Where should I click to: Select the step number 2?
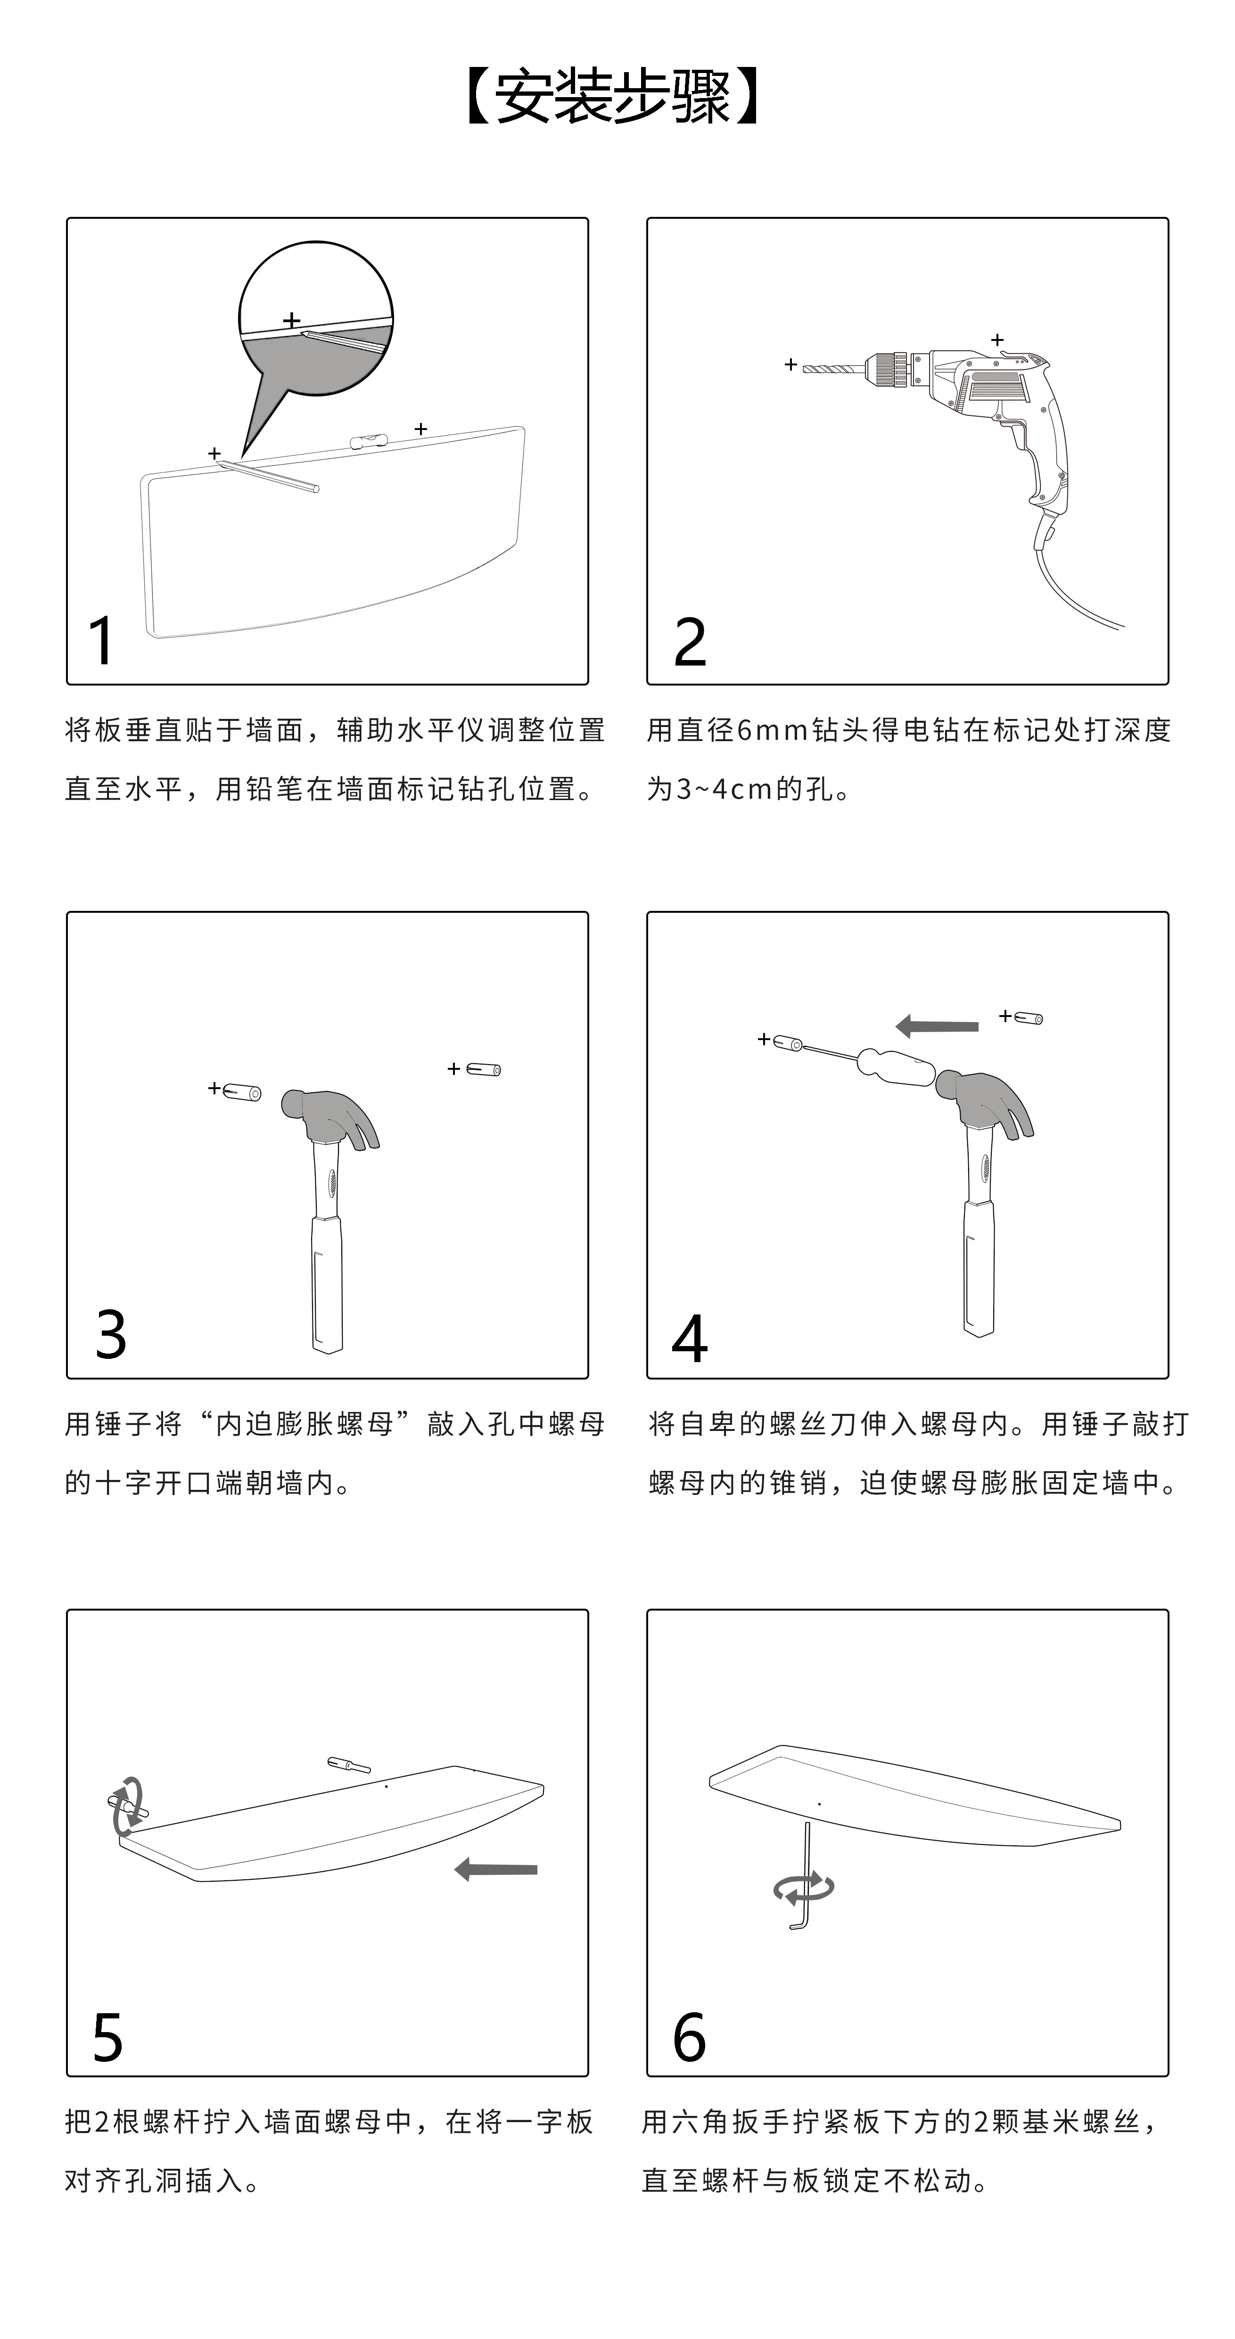click(x=690, y=642)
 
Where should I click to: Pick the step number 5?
click(x=107, y=2037)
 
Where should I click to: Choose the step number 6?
click(x=689, y=2037)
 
